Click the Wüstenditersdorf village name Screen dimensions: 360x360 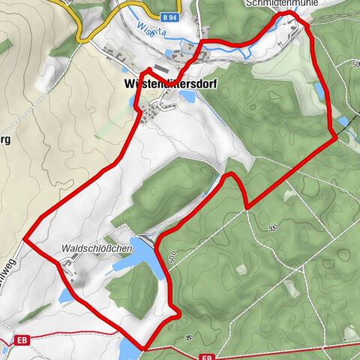[167, 84]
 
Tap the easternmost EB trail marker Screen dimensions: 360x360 [208, 357]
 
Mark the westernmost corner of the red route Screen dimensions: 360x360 [25, 240]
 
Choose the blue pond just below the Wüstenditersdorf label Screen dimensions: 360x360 [185, 97]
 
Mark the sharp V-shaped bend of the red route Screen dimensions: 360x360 [246, 207]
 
